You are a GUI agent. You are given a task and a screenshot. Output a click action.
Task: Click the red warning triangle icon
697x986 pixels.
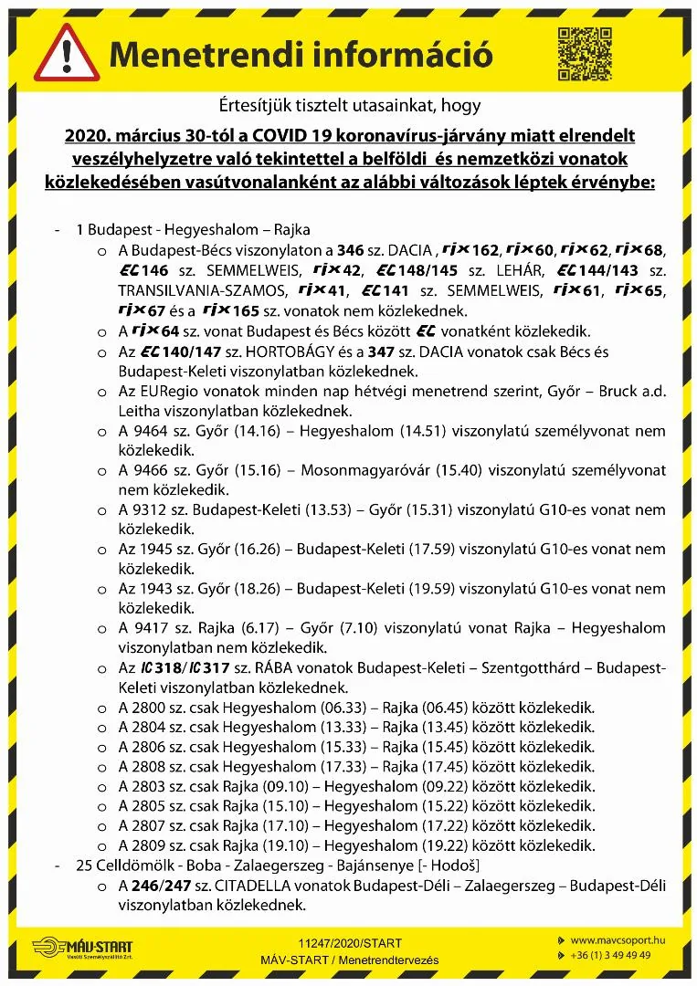coord(66,54)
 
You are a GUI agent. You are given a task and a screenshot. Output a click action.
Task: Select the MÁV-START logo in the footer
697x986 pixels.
coord(85,949)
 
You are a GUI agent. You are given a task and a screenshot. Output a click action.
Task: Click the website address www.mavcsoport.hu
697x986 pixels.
coord(616,940)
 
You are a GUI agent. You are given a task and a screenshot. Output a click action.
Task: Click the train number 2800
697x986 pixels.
coord(147,708)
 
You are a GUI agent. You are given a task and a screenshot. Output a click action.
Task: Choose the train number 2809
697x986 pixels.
coord(147,845)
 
